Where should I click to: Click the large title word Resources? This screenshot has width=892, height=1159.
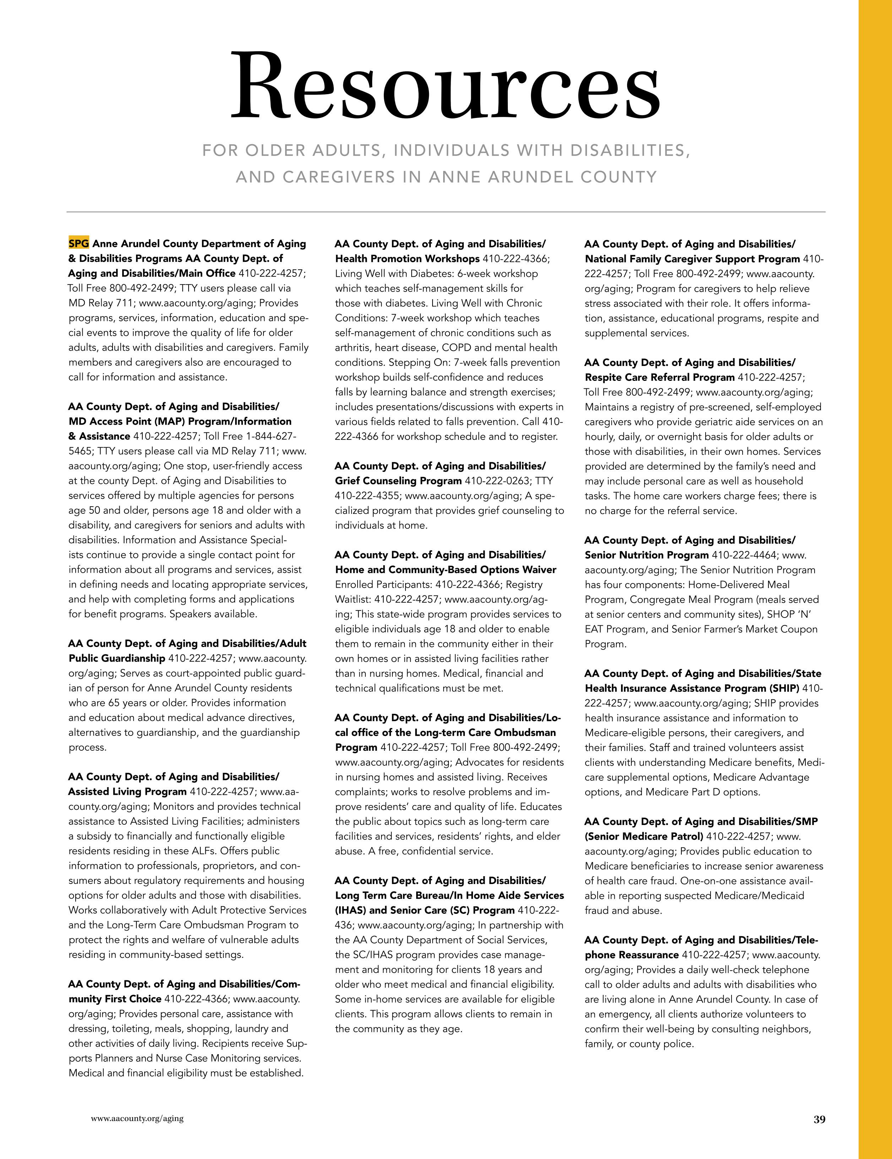(446, 86)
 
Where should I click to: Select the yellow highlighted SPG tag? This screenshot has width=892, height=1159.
(78, 244)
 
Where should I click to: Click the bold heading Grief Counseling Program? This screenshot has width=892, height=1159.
(398, 481)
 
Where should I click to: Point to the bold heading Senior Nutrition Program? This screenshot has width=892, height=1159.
(647, 555)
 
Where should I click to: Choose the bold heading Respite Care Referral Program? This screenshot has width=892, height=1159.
(659, 377)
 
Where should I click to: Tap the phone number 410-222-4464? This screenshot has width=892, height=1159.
(744, 555)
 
